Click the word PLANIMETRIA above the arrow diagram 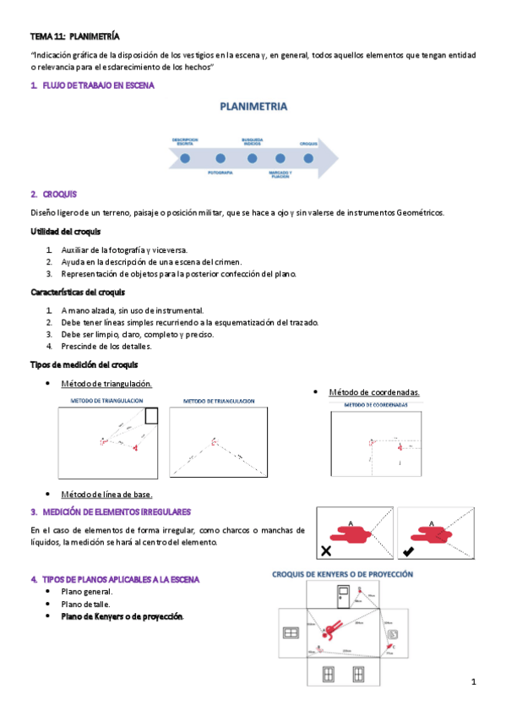pyautogui.click(x=253, y=107)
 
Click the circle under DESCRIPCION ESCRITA pyautogui.click(x=185, y=157)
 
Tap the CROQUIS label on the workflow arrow pyautogui.click(x=307, y=144)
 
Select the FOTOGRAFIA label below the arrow pyautogui.click(x=220, y=172)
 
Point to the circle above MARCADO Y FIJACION pyautogui.click(x=280, y=157)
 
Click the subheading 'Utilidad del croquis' pyautogui.click(x=66, y=232)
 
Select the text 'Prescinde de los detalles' pyautogui.click(x=106, y=346)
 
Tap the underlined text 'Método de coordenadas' pyautogui.click(x=373, y=392)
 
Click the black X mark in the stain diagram pyautogui.click(x=325, y=551)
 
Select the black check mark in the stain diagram pyautogui.click(x=408, y=551)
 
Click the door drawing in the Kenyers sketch pyautogui.click(x=342, y=598)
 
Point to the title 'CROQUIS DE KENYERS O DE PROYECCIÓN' pyautogui.click(x=341, y=574)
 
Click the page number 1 pyautogui.click(x=474, y=681)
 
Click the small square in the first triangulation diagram pyautogui.click(x=151, y=415)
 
